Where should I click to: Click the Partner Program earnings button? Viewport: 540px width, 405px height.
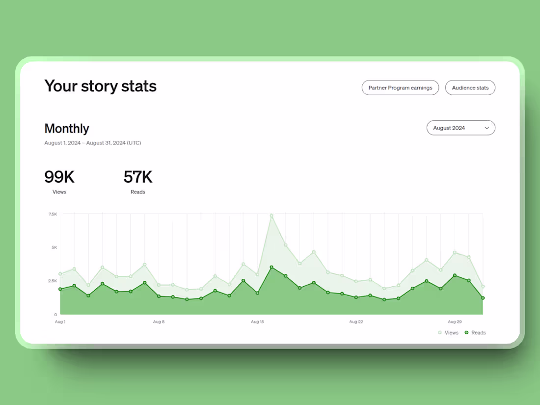point(400,88)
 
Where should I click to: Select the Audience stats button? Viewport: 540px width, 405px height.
point(470,88)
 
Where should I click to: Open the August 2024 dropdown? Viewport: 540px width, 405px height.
point(460,128)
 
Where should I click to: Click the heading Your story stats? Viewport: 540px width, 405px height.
point(100,86)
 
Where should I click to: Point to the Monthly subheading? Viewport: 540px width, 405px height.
point(67,128)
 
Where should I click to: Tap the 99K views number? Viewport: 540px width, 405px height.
point(59,177)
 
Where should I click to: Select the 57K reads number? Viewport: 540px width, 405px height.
point(138,177)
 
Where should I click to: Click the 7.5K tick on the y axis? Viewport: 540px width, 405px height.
point(53,214)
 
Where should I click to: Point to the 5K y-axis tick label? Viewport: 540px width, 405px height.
point(54,247)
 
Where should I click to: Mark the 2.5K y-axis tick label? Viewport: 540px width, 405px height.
point(53,281)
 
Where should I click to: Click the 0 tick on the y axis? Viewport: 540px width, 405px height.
point(55,315)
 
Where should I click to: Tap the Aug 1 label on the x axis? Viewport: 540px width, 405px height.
point(60,322)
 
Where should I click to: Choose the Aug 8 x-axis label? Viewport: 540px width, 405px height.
point(159,322)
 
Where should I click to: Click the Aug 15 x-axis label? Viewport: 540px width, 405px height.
point(257,322)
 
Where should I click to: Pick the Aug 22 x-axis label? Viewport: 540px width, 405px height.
point(356,322)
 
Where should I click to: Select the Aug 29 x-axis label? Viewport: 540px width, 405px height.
point(455,322)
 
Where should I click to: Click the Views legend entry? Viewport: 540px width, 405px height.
point(448,333)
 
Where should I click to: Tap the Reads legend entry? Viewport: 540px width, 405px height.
point(475,333)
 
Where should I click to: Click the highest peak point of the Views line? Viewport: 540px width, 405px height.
point(271,216)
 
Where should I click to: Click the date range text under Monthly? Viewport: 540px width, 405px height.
point(93,143)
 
